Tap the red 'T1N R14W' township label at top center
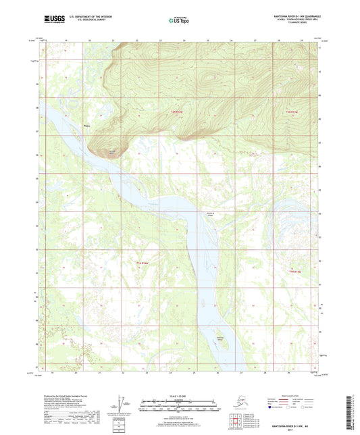click(177, 111)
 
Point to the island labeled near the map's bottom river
click(220, 337)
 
